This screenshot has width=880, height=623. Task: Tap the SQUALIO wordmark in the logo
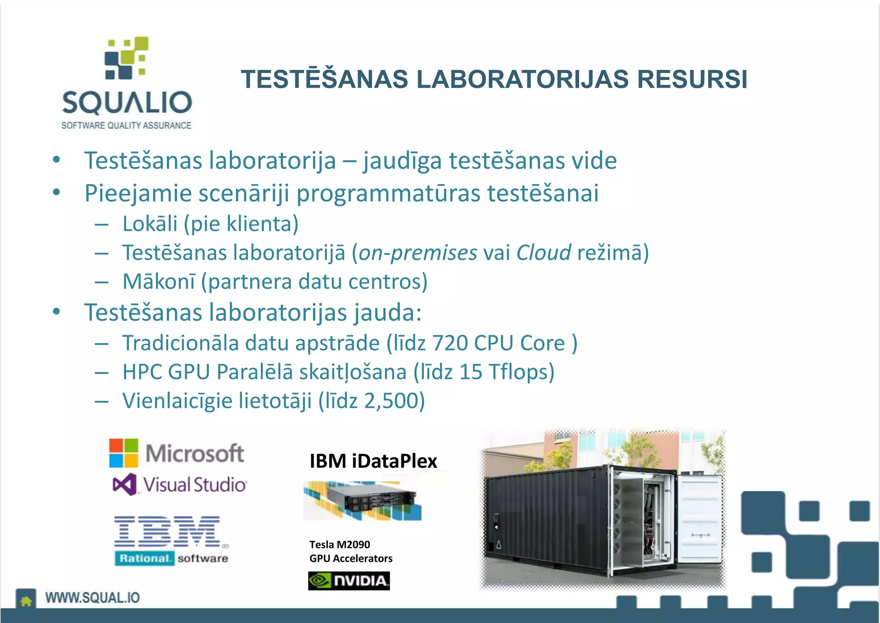(x=127, y=103)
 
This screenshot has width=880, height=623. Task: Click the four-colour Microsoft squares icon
(x=124, y=453)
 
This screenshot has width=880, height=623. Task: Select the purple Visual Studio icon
(x=125, y=485)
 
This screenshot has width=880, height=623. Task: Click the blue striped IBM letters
(x=168, y=531)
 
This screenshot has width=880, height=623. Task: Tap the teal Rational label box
(x=144, y=559)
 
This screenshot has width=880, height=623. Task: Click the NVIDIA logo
(x=349, y=581)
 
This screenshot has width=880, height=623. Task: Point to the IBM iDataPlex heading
(x=373, y=461)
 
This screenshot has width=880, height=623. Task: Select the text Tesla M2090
(x=339, y=545)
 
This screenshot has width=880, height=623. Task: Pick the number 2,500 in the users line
(x=391, y=401)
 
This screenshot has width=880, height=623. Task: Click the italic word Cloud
(x=544, y=252)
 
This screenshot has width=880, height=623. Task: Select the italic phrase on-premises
(x=418, y=253)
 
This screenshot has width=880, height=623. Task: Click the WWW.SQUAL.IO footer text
(x=92, y=598)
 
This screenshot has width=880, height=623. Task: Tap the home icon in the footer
(x=26, y=600)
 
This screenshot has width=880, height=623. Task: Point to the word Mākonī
(x=159, y=282)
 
